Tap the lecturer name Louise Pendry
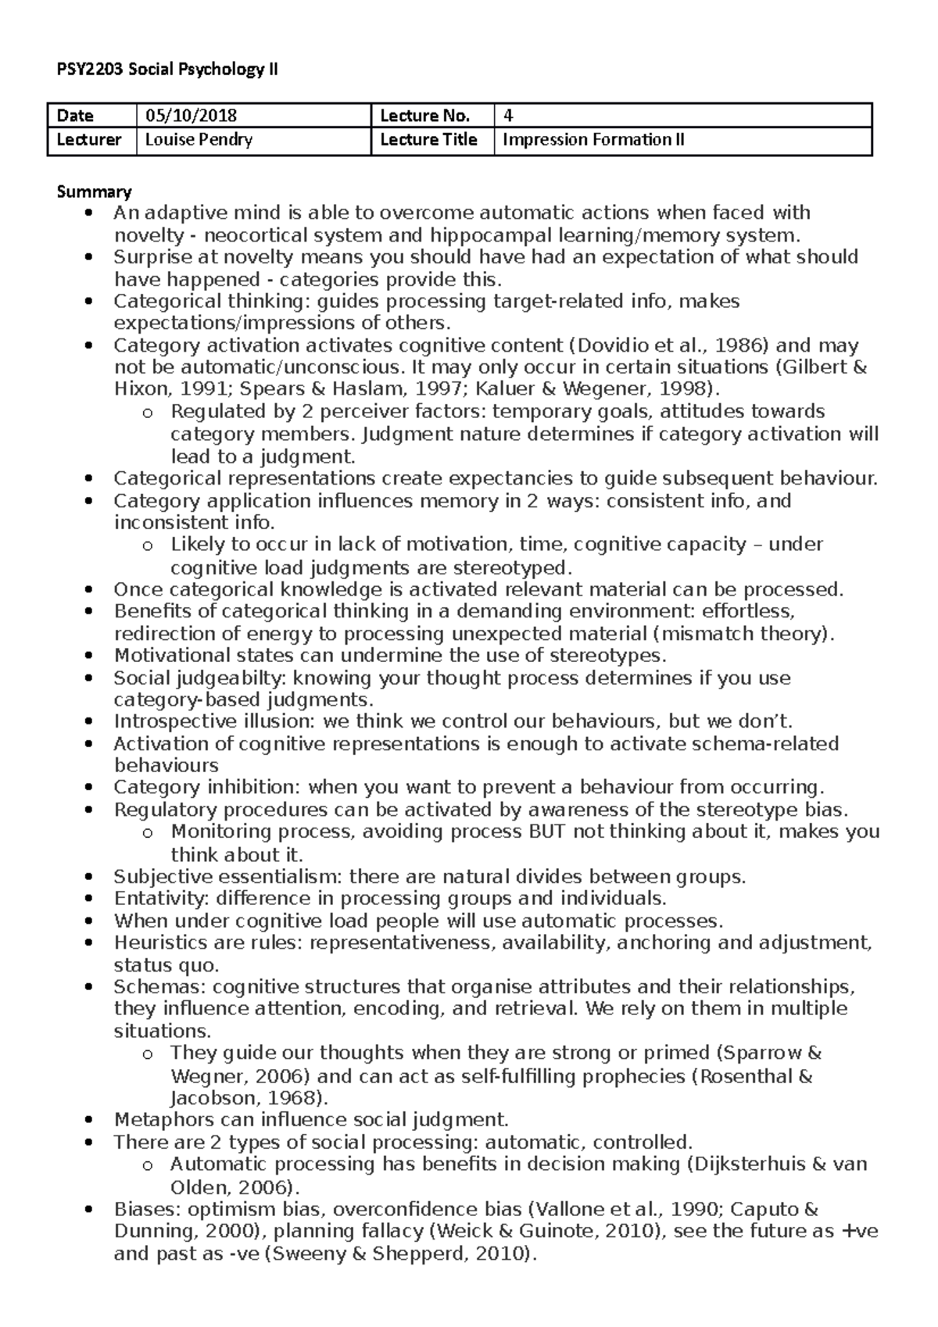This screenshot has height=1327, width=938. [x=199, y=140]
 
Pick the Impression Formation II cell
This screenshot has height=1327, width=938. [x=593, y=140]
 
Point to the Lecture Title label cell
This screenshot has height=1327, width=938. [x=428, y=140]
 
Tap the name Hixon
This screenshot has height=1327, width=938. [x=141, y=389]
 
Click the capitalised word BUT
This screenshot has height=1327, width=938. [x=547, y=832]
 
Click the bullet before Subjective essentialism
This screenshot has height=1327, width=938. [x=92, y=878]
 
